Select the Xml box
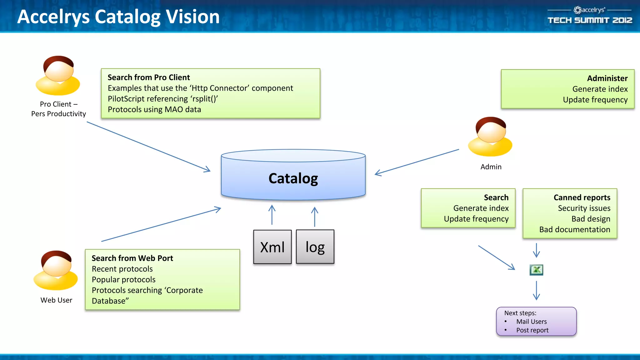tap(272, 247)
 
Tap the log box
tap(315, 247)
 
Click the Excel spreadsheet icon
tap(536, 270)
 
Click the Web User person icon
tap(56, 270)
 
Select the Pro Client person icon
tap(58, 76)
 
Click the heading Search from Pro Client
tap(149, 77)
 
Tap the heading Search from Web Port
tap(132, 258)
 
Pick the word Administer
tap(607, 78)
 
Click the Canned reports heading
tap(582, 197)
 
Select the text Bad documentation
tap(574, 229)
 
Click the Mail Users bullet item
tap(531, 322)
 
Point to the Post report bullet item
tap(532, 330)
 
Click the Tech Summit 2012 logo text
tap(590, 20)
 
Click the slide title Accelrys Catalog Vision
tap(118, 17)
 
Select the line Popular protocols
tap(123, 279)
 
